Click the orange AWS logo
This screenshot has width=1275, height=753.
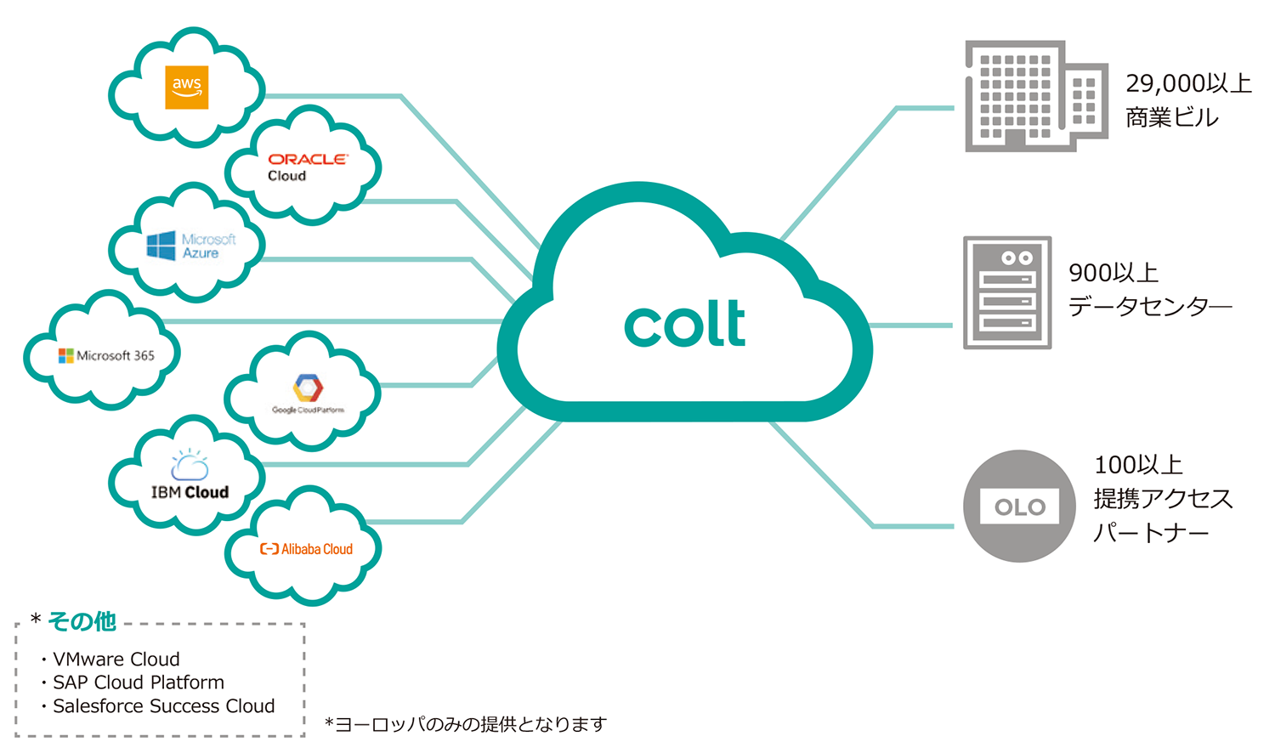(x=186, y=88)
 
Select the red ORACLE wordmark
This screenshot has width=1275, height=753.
(x=308, y=159)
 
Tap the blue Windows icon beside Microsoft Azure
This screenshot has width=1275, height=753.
(x=161, y=246)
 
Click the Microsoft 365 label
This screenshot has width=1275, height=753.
(x=115, y=356)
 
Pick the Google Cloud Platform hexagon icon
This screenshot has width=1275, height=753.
(x=308, y=388)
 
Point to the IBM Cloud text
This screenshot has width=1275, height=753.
(x=190, y=492)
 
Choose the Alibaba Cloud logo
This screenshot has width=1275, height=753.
(x=306, y=549)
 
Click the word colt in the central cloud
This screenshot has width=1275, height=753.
(x=685, y=324)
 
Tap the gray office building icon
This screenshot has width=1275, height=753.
(x=1035, y=96)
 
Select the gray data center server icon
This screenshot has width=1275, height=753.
(x=1007, y=292)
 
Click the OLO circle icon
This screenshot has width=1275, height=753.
(x=1019, y=507)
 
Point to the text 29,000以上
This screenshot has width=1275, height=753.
(x=1188, y=83)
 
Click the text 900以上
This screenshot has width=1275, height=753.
(x=1113, y=273)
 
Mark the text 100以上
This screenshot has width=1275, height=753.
(x=1138, y=465)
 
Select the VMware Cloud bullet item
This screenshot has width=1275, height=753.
(x=116, y=660)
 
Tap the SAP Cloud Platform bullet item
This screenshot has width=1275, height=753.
(x=139, y=682)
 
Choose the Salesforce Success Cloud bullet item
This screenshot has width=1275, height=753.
(x=164, y=706)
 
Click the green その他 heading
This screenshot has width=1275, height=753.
(x=82, y=621)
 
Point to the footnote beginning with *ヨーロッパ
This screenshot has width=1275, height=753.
(x=466, y=724)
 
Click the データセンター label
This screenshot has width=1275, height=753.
(x=1149, y=306)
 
